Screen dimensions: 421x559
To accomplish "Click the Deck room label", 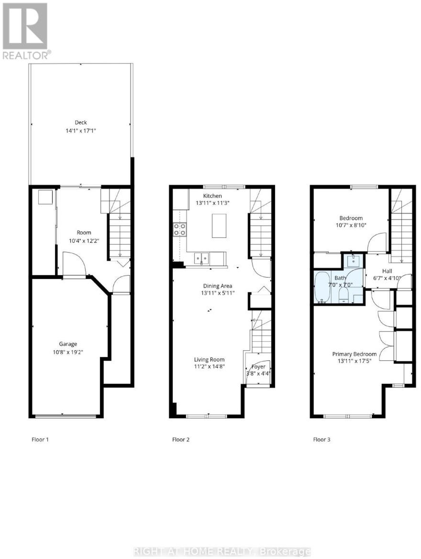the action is pos(81,122).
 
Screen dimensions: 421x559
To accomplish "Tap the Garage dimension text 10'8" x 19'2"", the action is pos(68,352).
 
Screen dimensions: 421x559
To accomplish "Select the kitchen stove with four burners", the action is pos(180,229).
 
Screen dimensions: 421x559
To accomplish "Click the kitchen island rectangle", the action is pos(219,226).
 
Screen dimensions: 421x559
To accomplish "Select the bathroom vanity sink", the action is pos(353,261).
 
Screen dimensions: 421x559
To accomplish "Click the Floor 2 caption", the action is pos(181,440).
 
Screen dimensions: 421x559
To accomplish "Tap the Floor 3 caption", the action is pos(322,440).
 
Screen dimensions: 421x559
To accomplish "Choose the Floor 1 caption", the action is pos(40,440).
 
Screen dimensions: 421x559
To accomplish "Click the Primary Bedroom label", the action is pos(354,354).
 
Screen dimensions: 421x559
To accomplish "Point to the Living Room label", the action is pos(209,360).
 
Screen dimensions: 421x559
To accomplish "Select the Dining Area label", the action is pos(218,286).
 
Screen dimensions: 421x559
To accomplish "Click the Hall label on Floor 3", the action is pos(387,271).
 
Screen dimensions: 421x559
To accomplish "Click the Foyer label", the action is pos(258,367).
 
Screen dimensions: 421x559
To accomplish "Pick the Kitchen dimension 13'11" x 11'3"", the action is pos(213,203).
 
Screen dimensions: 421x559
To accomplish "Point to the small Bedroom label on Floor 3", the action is pos(351,218).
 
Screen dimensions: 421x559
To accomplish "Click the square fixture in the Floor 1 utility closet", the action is pos(46,197).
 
